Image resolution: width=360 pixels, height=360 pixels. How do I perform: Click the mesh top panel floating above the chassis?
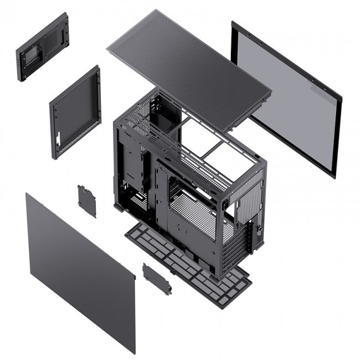point(188,66)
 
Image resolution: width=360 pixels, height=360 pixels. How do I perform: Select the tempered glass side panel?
point(285,100)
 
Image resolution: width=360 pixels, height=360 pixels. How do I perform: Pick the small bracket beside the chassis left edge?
point(86,200)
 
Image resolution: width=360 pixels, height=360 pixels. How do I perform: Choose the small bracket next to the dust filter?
point(157,279)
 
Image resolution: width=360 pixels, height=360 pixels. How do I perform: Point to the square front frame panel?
point(75,111)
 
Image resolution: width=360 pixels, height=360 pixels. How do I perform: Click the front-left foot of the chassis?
point(118,207)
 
